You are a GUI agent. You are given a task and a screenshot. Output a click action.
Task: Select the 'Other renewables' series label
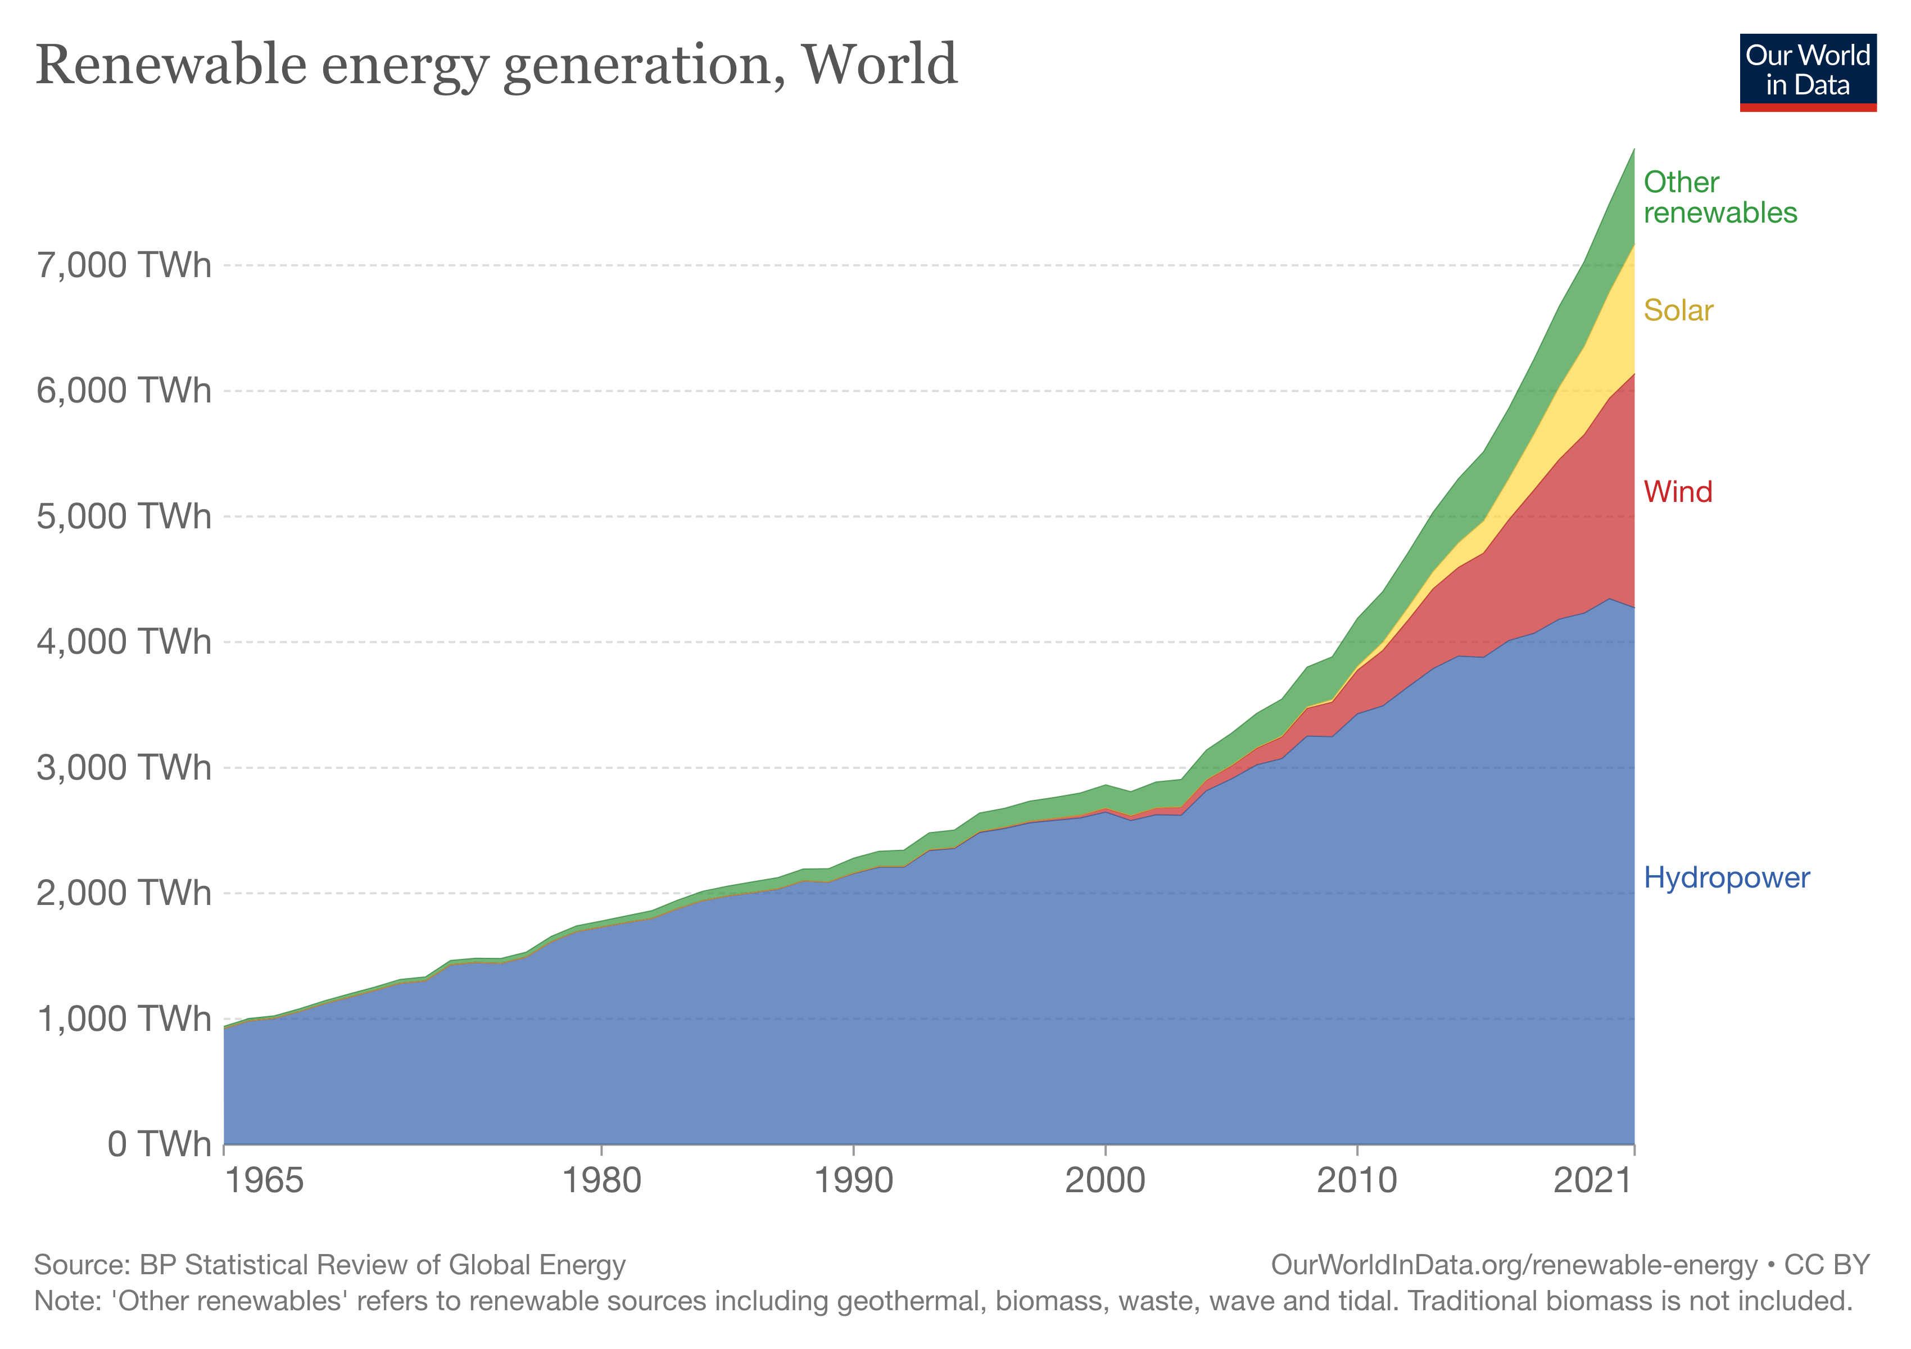[x=1719, y=197]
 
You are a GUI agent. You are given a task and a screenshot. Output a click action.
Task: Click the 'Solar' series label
[x=1678, y=310]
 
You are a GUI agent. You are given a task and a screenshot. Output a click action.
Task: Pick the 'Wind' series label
[x=1677, y=492]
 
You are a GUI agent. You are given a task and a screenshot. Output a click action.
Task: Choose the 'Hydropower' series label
[x=1726, y=877]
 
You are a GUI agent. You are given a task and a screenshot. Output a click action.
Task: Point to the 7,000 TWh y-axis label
[x=124, y=265]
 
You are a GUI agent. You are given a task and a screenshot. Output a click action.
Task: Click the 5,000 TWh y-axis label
[x=124, y=516]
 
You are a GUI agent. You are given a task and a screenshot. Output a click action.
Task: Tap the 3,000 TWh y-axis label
[x=124, y=767]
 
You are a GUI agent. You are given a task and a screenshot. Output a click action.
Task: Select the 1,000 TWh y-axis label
[x=124, y=1018]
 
